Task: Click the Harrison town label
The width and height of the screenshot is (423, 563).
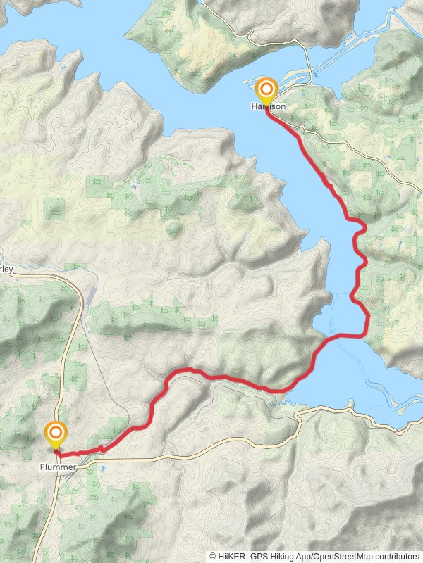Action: (x=267, y=106)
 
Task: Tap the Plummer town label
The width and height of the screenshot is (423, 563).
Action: (x=58, y=466)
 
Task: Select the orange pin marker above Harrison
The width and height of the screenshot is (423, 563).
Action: (x=266, y=90)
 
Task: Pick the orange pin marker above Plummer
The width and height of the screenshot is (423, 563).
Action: (x=56, y=433)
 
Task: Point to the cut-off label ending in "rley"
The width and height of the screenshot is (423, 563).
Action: (x=6, y=269)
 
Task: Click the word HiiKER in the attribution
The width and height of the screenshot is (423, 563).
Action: (x=231, y=555)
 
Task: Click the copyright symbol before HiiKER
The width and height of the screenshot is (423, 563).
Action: (x=213, y=555)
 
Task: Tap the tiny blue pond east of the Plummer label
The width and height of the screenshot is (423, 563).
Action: (x=104, y=468)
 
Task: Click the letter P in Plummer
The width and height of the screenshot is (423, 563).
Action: (x=42, y=466)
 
